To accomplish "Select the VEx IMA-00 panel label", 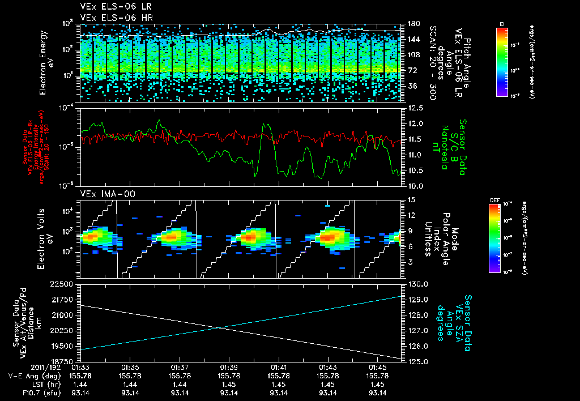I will point(103,194).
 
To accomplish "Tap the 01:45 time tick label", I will point(377,368).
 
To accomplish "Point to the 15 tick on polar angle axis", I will point(409,199).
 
